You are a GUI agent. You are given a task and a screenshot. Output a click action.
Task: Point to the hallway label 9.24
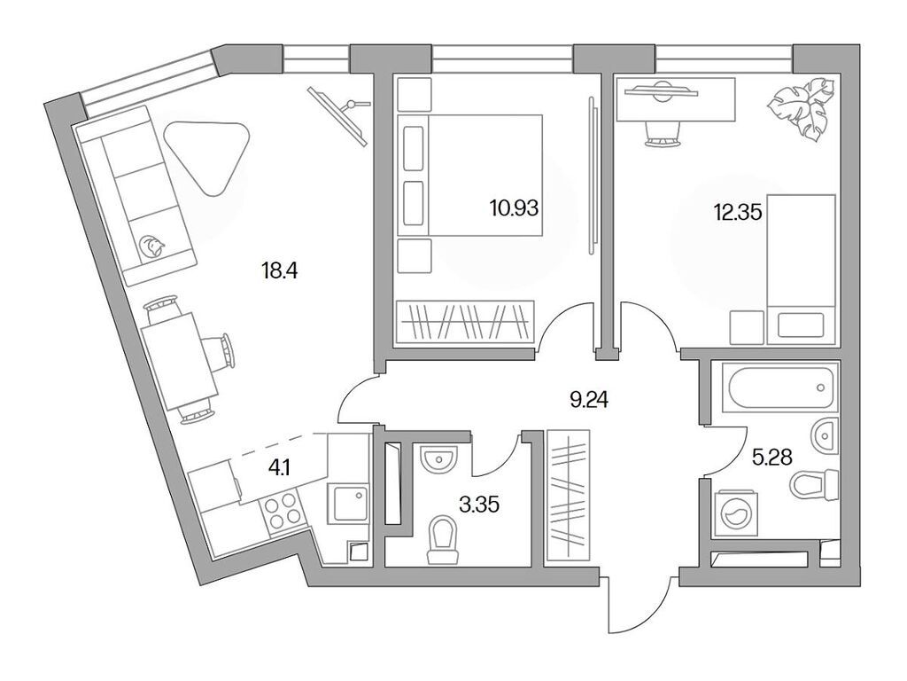click(x=589, y=399)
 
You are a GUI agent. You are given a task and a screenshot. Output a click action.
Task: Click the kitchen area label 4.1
click(x=279, y=468)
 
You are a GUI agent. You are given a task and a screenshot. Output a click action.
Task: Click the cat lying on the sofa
click(x=152, y=242)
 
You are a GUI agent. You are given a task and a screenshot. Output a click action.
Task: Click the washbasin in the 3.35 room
click(x=438, y=460)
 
